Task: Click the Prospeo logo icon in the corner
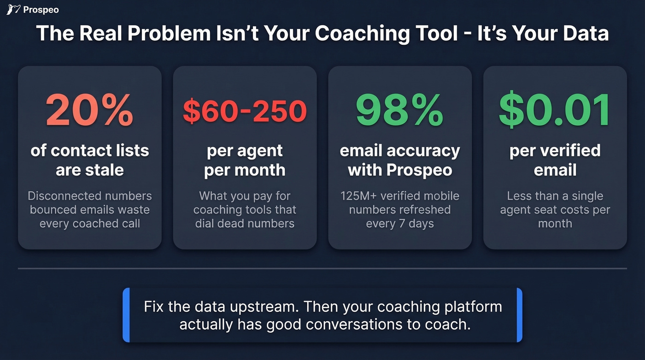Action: coord(13,9)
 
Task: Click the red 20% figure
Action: coord(89,111)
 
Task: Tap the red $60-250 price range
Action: coord(245,111)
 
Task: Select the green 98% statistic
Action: coord(399,111)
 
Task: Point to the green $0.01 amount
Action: coord(555,111)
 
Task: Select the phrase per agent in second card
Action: coord(245,151)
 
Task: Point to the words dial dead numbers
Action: coord(245,224)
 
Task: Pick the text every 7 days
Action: coord(399,224)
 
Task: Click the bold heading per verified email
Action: coord(555,160)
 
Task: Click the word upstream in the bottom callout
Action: coord(265,307)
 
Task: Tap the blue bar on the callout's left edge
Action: coord(126,315)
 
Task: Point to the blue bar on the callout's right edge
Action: coord(519,315)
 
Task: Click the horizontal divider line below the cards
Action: coord(322,268)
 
